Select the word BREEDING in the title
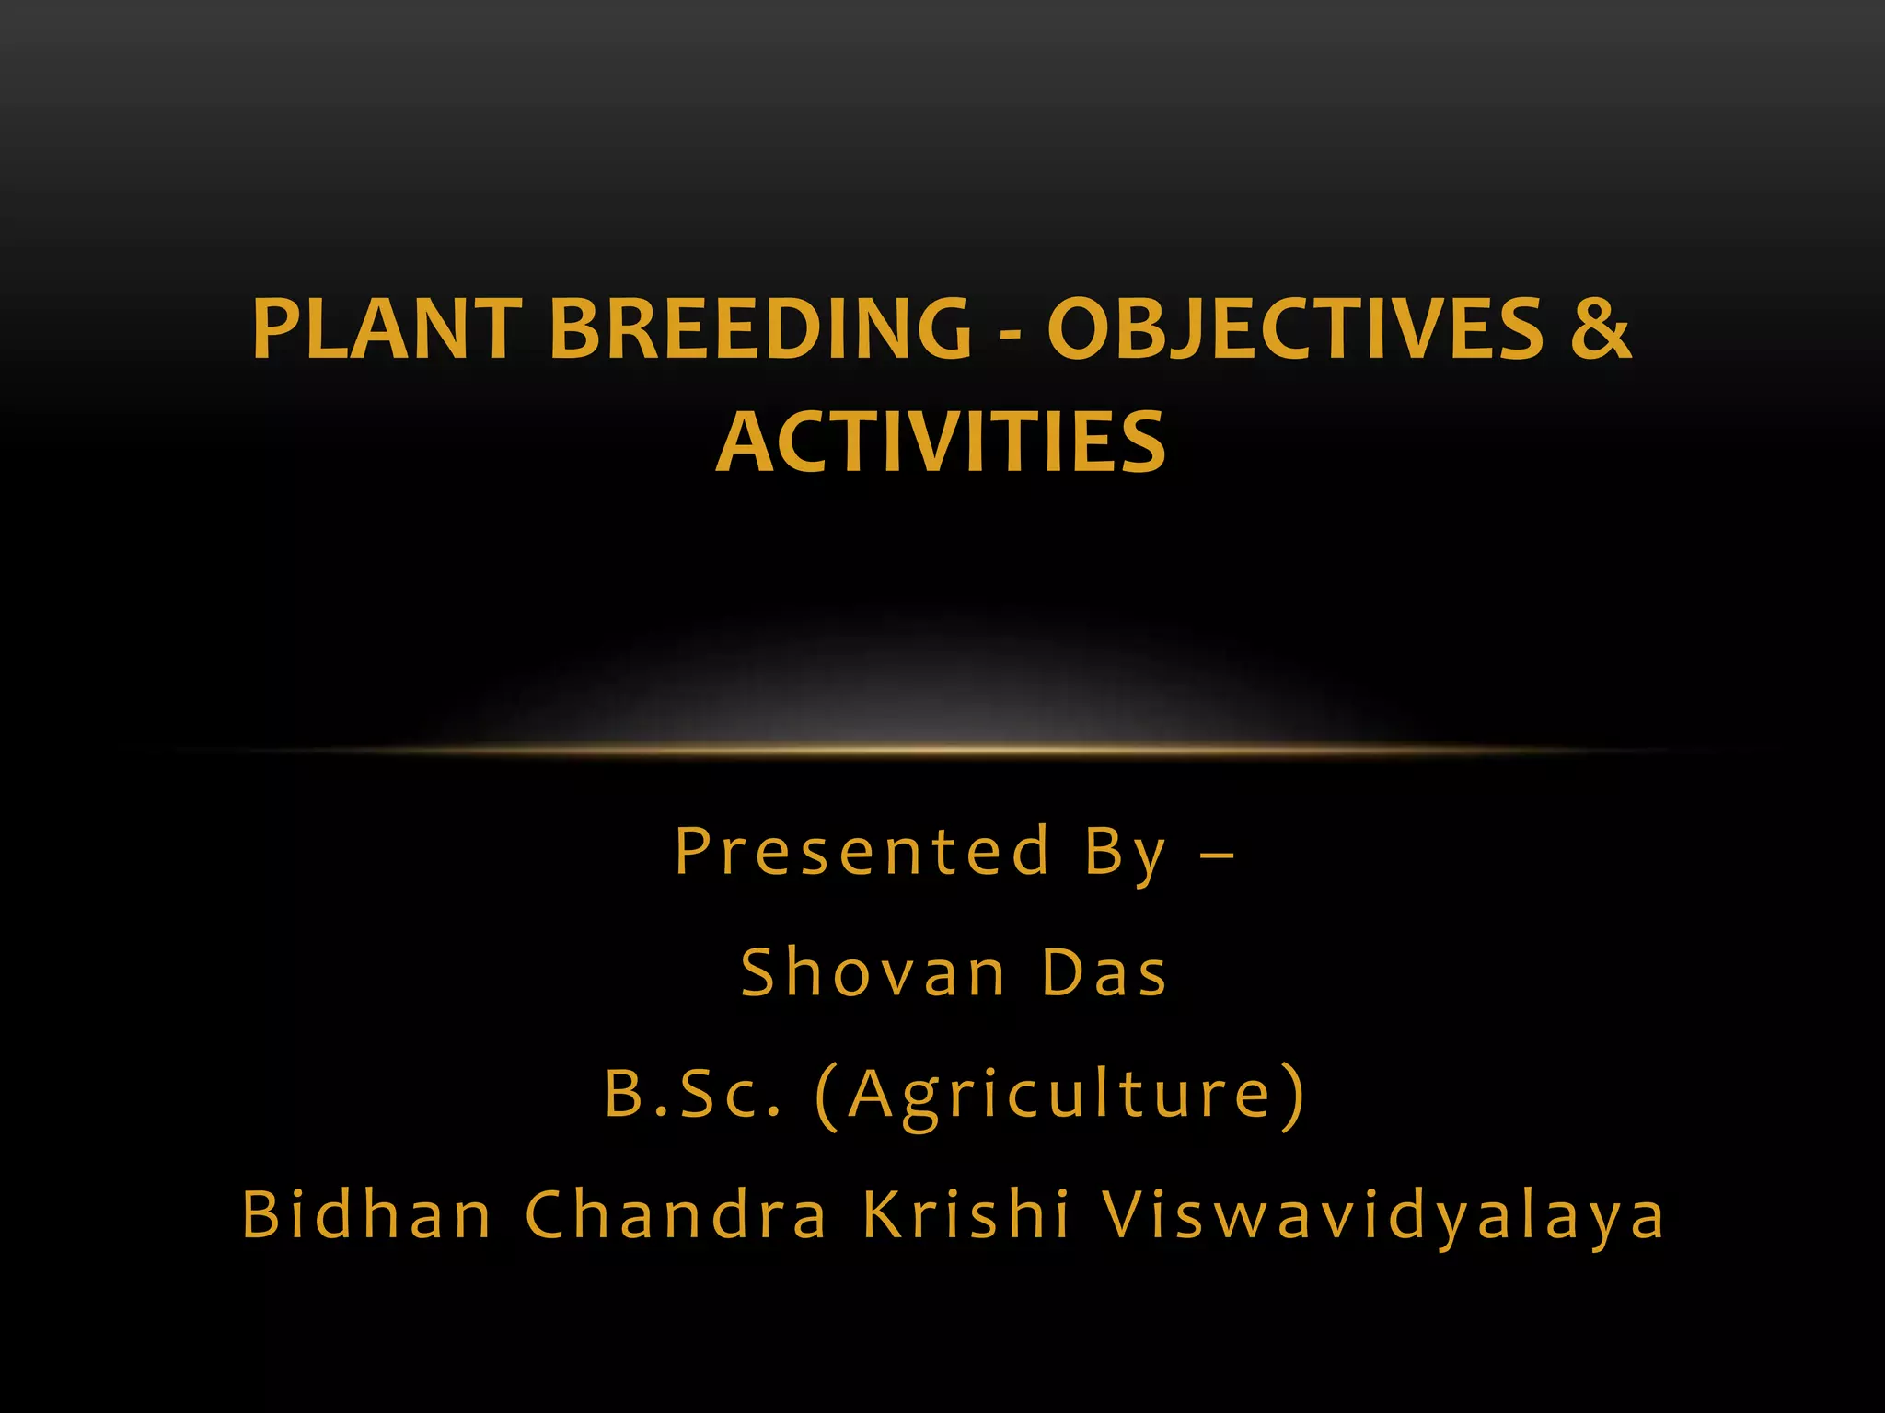[760, 329]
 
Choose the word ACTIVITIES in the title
[941, 442]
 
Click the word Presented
[862, 851]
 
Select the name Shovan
[873, 973]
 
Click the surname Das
[1104, 973]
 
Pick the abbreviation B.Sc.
[693, 1094]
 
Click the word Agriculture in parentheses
[1059, 1096]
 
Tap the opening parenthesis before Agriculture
[827, 1096]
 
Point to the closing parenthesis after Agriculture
[1294, 1096]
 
